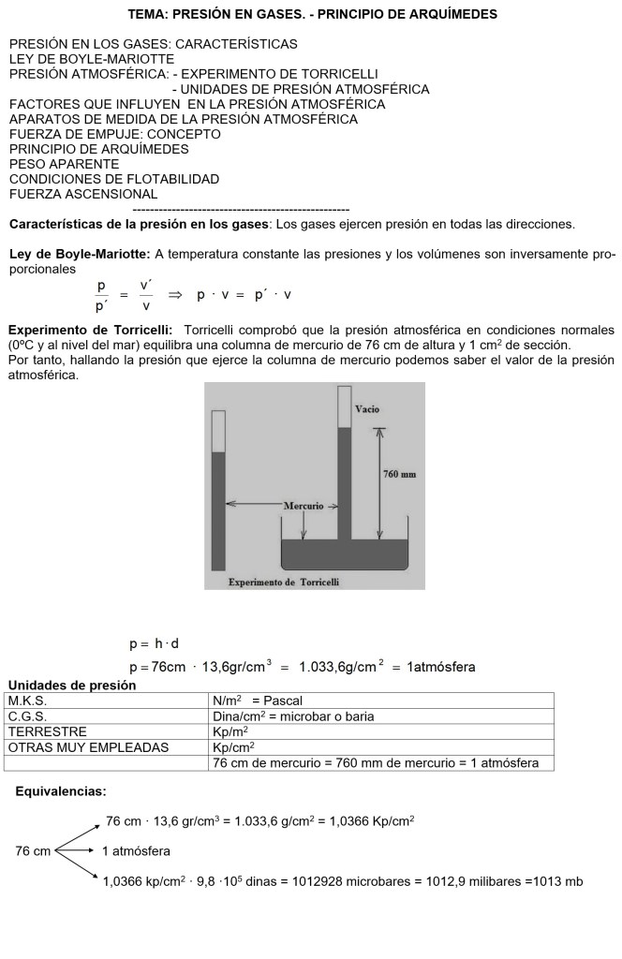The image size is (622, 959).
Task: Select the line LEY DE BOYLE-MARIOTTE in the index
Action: coord(92,59)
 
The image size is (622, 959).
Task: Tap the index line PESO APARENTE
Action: coord(65,164)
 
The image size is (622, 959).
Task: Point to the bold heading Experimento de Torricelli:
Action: coord(90,330)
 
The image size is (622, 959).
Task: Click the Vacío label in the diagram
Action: coord(367,410)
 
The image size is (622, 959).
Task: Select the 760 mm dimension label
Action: coord(400,474)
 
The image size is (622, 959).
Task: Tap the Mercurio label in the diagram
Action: coord(304,506)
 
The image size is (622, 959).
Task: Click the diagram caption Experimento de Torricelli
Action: coord(284,582)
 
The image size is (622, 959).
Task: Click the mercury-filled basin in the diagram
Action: coord(345,554)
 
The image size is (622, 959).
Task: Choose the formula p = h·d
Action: coord(154,644)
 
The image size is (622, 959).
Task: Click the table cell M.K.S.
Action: coord(27,701)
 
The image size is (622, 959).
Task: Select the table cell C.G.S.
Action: coord(27,716)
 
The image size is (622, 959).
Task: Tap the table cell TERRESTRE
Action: coord(48,731)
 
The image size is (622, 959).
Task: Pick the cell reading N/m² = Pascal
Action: coord(258,701)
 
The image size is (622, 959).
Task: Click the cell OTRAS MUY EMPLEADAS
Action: coord(89,747)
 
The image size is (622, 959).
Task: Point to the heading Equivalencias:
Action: coord(61,791)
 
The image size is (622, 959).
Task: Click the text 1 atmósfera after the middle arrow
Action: coord(136,851)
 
